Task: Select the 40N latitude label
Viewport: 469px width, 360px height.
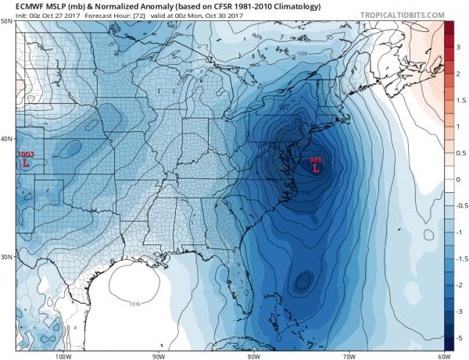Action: click(x=6, y=139)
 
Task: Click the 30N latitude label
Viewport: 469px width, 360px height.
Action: click(x=6, y=257)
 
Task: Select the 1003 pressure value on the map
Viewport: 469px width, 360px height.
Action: click(x=25, y=155)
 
